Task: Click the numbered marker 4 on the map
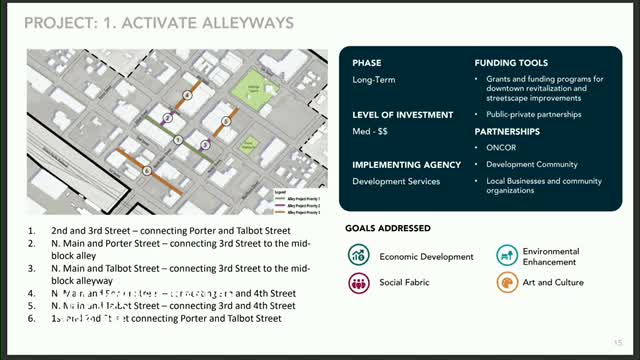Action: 187,96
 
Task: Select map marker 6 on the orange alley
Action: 148,170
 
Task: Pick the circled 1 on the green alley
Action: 178,139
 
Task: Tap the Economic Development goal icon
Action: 358,256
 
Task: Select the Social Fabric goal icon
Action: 358,283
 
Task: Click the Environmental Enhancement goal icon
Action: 506,256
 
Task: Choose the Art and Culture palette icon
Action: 506,283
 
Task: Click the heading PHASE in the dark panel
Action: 367,63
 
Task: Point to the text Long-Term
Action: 373,81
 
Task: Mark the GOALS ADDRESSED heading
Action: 388,228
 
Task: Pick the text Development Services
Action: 395,181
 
